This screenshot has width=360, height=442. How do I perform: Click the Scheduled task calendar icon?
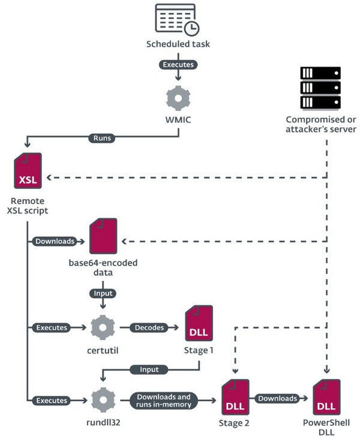177,20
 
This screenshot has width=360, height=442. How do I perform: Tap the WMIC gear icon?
178,97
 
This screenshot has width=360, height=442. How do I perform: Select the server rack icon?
320,86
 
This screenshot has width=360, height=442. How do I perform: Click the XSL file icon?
28,171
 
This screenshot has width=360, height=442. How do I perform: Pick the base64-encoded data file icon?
103,236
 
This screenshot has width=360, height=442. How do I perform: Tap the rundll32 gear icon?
103,398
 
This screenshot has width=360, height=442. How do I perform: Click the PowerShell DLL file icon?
327,397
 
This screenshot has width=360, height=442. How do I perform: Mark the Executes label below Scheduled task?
178,64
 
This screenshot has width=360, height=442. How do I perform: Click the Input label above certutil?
103,293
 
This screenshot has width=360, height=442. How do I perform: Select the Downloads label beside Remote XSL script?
55,242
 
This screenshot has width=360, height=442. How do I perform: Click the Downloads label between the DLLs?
278,398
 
